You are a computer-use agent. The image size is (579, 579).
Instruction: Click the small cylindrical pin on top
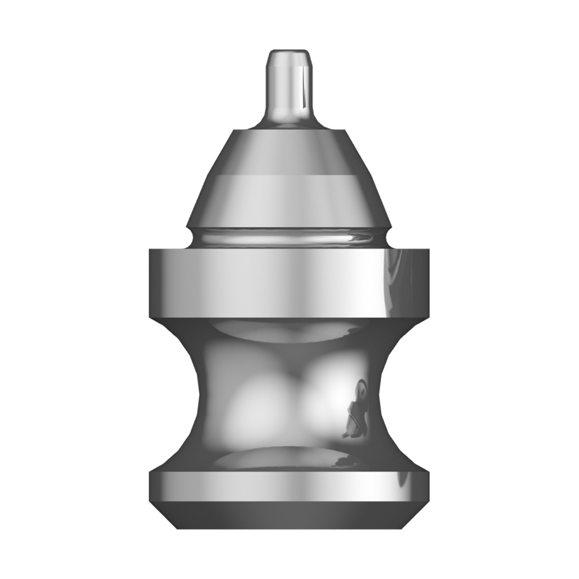tap(288, 87)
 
